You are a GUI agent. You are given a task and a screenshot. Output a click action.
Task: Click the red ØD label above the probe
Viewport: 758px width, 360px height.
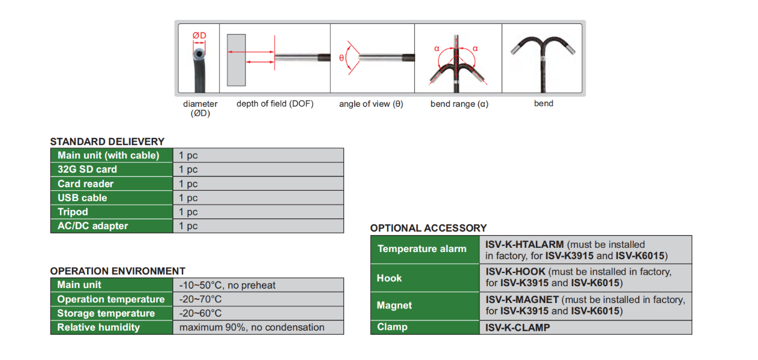199,35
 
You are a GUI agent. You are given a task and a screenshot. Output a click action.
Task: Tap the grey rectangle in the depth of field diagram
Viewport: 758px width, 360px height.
236,60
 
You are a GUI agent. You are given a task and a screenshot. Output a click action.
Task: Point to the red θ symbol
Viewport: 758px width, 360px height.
341,58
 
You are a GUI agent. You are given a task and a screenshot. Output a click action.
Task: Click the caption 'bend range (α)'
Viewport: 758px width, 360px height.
459,104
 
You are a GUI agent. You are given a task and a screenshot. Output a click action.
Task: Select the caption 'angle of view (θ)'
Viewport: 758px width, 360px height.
371,104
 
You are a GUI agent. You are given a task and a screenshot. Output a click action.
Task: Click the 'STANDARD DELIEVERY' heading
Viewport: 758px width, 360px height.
107,142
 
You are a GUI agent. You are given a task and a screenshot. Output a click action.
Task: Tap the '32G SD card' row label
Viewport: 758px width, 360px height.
87,169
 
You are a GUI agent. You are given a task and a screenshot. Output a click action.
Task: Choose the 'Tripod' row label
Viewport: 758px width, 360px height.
73,212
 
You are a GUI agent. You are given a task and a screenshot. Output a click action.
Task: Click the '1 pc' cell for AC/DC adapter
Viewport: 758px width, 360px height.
258,226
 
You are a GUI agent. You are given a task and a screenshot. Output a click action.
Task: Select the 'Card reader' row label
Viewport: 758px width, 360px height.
86,184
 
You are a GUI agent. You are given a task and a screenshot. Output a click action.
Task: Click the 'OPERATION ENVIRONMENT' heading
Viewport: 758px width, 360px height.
118,271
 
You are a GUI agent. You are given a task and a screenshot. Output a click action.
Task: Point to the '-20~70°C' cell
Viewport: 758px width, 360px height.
258,299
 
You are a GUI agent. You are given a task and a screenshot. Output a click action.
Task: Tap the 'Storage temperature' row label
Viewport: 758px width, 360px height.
106,313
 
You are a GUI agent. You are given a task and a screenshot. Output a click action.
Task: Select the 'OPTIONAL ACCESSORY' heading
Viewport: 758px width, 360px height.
429,228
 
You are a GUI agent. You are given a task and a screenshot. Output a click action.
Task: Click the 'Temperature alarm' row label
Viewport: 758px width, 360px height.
422,248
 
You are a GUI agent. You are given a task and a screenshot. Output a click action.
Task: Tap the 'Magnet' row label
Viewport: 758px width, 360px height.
394,305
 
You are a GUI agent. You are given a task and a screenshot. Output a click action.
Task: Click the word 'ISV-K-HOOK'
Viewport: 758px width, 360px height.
516,272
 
